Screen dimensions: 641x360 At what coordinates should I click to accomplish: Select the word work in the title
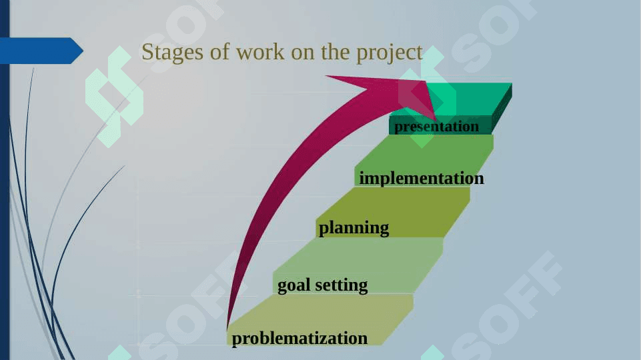click(x=260, y=52)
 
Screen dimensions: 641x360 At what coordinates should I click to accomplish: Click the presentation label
click(x=436, y=127)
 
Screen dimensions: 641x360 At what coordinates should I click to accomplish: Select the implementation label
click(x=422, y=179)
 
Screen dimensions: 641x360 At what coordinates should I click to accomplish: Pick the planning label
click(x=354, y=228)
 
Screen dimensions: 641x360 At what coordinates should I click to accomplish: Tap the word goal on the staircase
click(x=293, y=285)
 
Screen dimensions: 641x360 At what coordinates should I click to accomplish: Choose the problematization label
click(x=299, y=339)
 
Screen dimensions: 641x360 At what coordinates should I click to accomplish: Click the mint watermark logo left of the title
click(x=115, y=97)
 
